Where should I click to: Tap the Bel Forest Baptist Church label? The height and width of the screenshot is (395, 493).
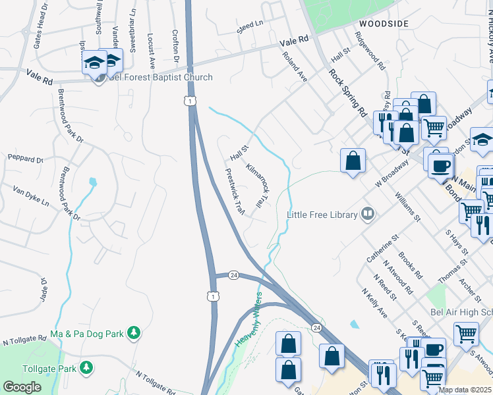(x=161, y=78)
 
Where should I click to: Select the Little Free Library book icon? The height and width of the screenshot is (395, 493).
(x=368, y=214)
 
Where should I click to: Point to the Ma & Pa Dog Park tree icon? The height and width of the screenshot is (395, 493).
(x=134, y=333)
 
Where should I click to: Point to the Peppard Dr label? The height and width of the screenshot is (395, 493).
(x=25, y=159)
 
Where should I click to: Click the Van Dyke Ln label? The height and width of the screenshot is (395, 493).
(x=31, y=196)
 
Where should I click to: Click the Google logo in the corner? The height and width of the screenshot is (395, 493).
(x=21, y=386)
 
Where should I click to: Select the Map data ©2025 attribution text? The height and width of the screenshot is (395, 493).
(x=465, y=390)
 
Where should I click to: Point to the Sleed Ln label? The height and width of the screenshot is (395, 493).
(x=250, y=26)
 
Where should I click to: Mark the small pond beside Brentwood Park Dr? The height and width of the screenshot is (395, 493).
(x=93, y=182)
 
